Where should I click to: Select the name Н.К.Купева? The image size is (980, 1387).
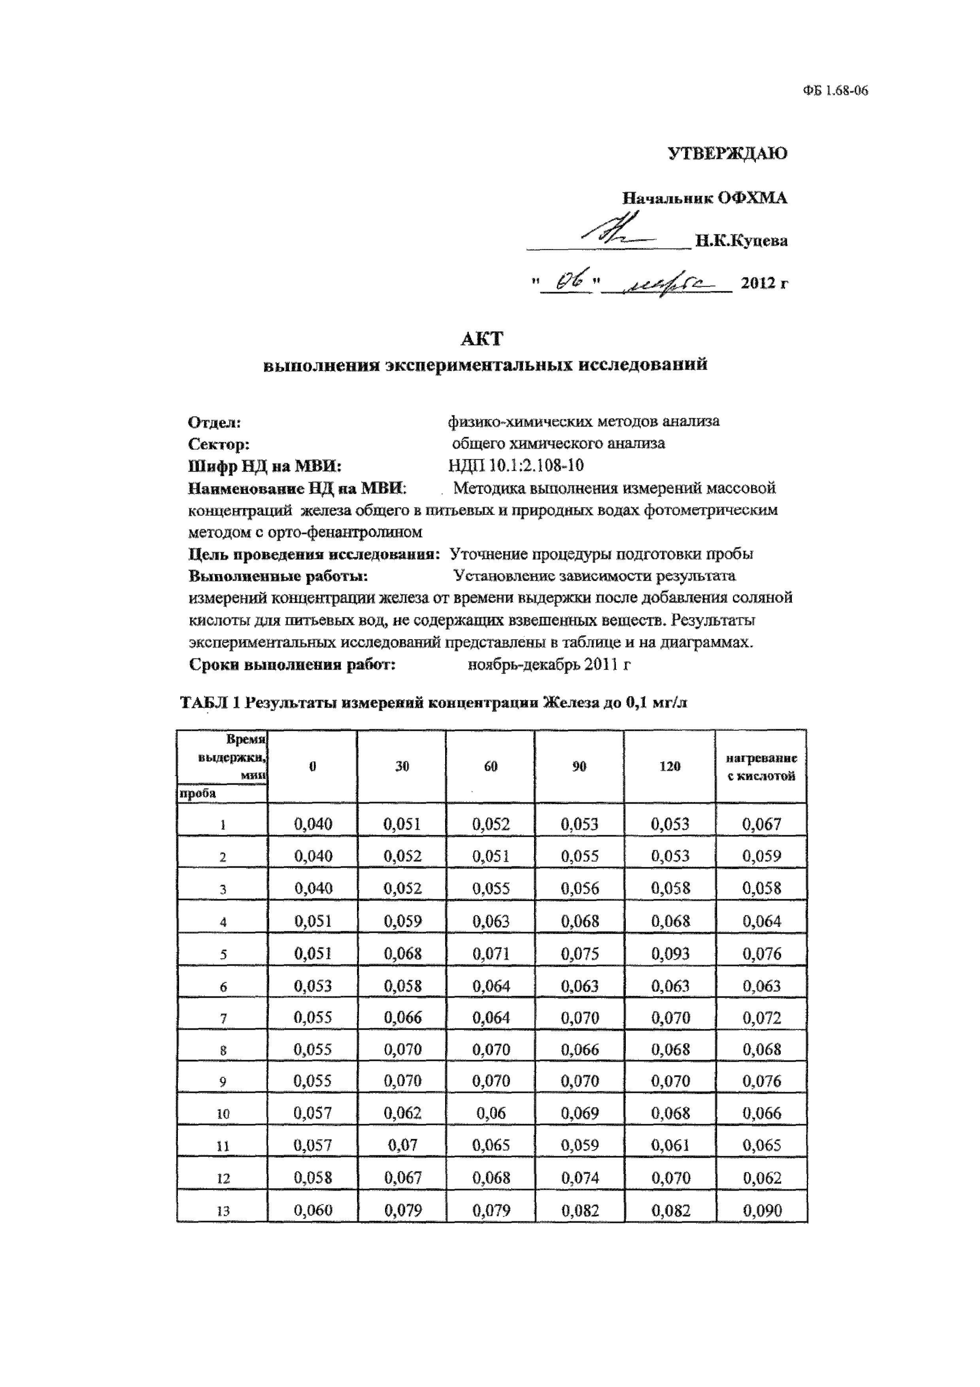click(741, 241)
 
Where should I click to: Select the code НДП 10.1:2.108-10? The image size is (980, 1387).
click(516, 466)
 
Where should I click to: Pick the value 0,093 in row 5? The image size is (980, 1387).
click(670, 954)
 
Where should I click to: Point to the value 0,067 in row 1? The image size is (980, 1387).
click(762, 825)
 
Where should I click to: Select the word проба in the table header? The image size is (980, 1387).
click(196, 794)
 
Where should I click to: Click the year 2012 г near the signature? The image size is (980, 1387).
click(764, 282)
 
